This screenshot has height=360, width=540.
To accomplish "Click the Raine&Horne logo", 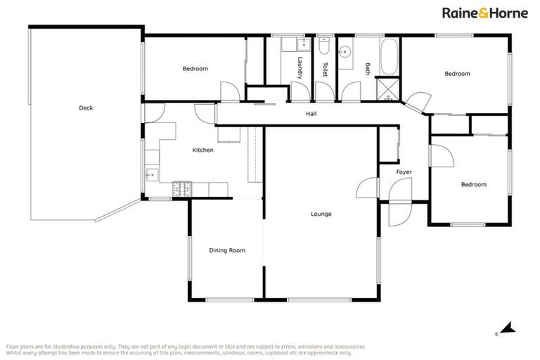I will [484, 13].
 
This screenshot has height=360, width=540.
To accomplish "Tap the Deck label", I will [86, 108].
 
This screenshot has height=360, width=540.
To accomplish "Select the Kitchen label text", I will [202, 150].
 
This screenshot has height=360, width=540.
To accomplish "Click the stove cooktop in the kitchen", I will [182, 188].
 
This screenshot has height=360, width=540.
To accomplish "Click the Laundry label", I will [300, 68].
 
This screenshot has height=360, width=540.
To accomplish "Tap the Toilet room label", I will [325, 69].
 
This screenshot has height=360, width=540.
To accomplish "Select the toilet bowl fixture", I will [323, 47].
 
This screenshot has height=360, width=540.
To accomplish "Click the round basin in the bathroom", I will [346, 51].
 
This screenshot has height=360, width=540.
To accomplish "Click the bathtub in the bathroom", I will [389, 56].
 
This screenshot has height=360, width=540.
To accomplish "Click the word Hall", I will [311, 114].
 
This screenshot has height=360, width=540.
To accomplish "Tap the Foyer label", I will [404, 172].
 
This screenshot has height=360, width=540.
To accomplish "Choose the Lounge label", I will [321, 214].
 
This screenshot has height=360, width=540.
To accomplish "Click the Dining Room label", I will [227, 250].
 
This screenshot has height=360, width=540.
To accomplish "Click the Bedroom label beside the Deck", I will [195, 68].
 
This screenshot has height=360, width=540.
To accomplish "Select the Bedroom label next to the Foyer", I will [473, 184].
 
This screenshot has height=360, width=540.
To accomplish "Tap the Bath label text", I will [368, 69].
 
